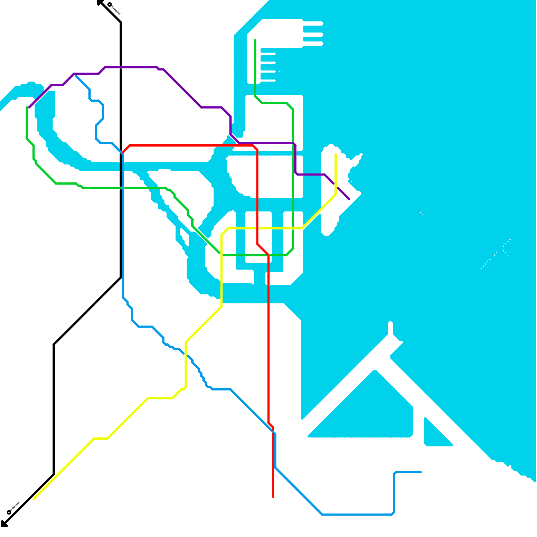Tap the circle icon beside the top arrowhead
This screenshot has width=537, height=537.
coord(110,5)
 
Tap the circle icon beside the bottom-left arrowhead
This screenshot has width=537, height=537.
coord(9,512)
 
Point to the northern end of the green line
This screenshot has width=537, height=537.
coord(255,41)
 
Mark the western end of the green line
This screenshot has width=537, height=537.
coord(27,107)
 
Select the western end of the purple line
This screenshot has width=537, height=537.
coord(29,107)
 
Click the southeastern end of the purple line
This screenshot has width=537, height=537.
coord(349,199)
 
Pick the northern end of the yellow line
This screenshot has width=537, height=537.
coord(336,154)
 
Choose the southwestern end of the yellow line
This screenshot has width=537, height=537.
coord(34,499)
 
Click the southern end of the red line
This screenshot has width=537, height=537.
coord(273,496)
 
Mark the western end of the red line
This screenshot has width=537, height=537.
coord(123,152)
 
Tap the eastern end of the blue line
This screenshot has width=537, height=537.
coord(421,472)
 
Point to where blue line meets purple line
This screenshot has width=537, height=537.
coord(75,75)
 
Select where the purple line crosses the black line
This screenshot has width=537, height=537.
coord(121,67)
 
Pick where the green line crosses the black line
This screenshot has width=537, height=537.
coord(121,188)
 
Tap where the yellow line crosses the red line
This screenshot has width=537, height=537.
coord(257,229)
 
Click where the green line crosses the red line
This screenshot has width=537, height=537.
coord(268,255)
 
